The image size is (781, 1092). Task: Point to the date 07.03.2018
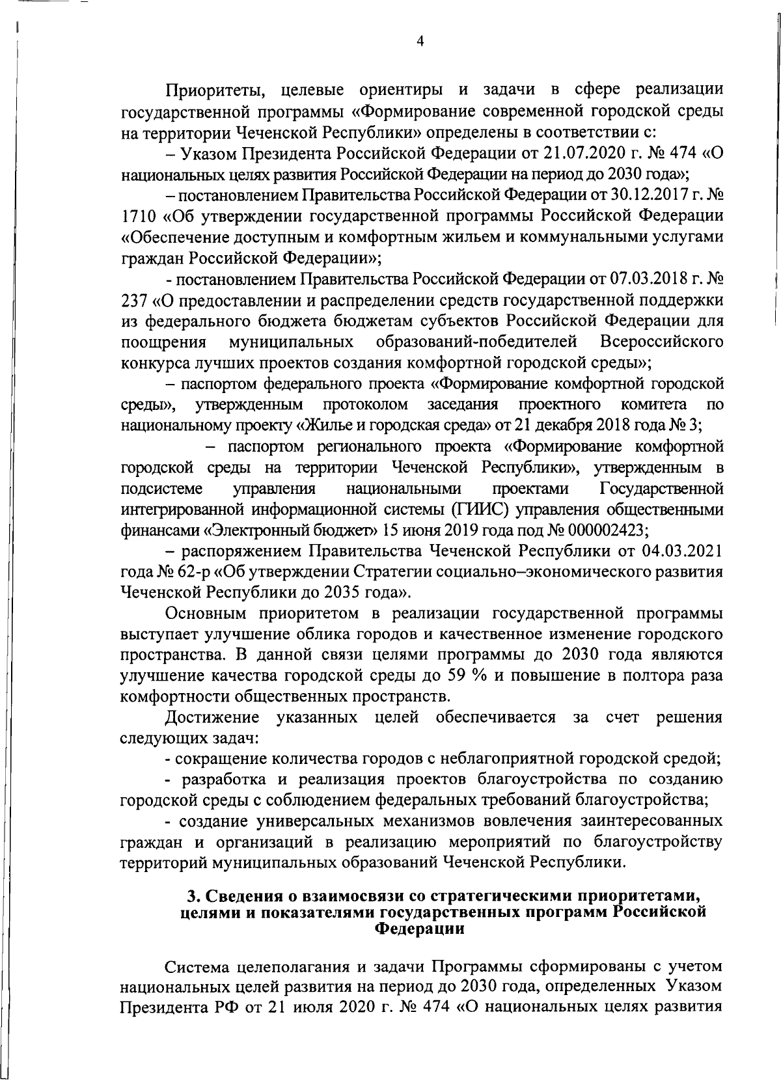point(646,279)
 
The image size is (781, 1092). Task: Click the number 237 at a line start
point(134,300)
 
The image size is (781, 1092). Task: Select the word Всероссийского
point(661,342)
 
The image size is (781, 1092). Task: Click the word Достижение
point(212,717)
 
